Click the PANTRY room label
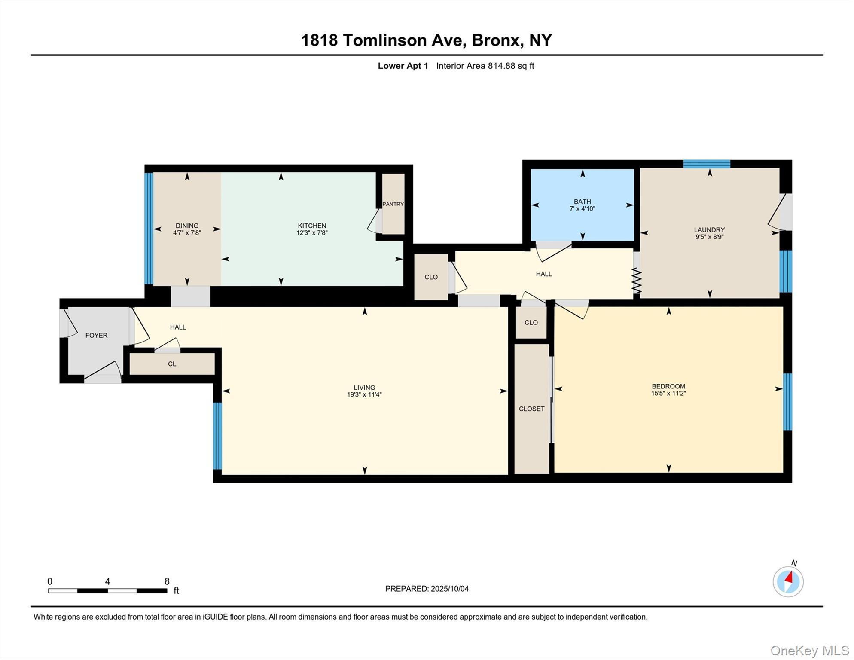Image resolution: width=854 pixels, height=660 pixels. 393,204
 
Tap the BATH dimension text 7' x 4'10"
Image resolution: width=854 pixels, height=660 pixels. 582,209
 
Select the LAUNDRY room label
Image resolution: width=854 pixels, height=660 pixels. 709,230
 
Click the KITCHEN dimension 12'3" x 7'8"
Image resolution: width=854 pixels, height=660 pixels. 312,233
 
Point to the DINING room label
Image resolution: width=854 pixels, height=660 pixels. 187,226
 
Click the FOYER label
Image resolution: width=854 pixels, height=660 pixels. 96,336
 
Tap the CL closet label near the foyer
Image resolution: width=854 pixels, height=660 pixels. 172,364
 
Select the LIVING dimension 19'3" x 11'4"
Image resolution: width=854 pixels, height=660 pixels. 364,394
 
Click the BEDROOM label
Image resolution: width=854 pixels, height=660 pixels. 668,386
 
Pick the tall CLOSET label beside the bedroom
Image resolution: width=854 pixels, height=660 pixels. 531,409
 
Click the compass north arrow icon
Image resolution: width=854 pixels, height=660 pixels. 788,581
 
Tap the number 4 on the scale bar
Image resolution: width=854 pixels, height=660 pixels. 107,581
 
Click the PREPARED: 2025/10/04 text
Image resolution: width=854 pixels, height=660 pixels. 427,589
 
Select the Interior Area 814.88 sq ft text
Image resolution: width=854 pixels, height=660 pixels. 485,66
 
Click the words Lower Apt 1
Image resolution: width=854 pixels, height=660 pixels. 403,66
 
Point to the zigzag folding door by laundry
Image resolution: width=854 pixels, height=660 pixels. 636,281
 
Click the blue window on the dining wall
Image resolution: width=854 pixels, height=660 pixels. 149,229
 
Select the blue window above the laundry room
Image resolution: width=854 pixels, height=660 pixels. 707,164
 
